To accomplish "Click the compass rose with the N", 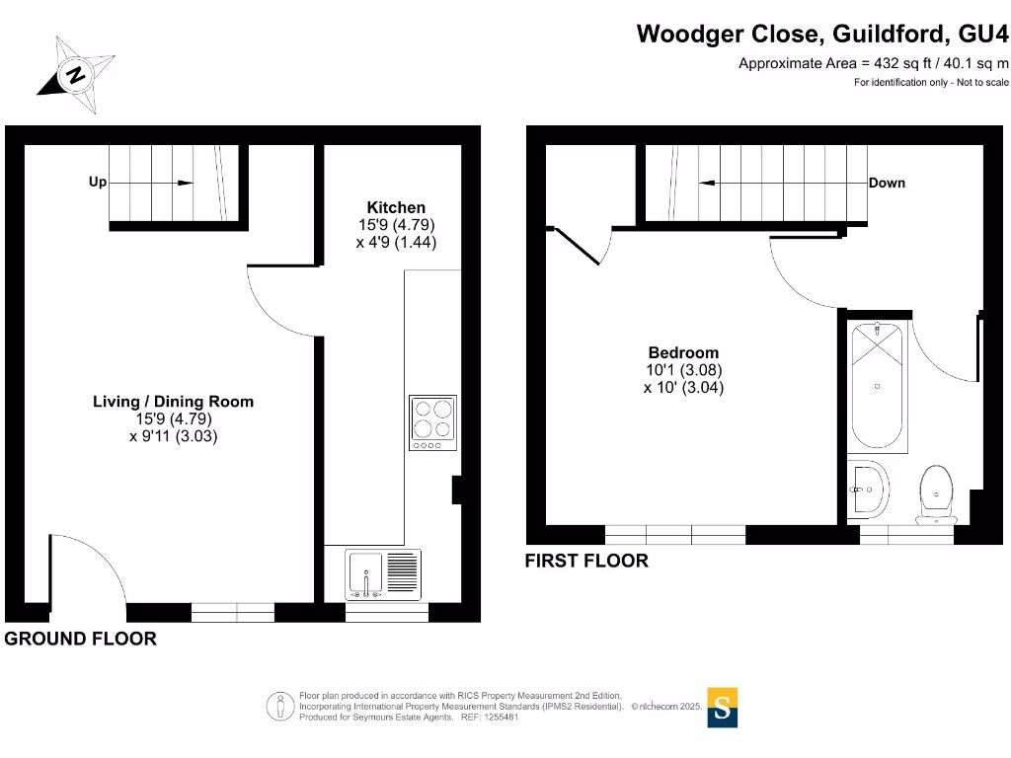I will coord(75,73).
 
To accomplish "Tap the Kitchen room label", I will coord(396,207).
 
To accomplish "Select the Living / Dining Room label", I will coord(173,402).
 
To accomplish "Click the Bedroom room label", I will coord(683,352).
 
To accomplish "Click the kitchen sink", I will coord(366,574).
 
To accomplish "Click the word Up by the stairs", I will coord(98,183).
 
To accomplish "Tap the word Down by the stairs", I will coord(887,183).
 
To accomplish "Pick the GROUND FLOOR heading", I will coord(81,639).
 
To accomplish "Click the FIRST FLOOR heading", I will coord(586,561).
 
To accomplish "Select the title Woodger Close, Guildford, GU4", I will coord(823,34).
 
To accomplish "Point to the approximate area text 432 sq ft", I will coord(874,63).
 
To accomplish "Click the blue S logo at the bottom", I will coord(723,708).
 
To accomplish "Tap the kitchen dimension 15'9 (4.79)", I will coord(396,224).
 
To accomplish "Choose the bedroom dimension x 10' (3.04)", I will coord(683,388).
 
